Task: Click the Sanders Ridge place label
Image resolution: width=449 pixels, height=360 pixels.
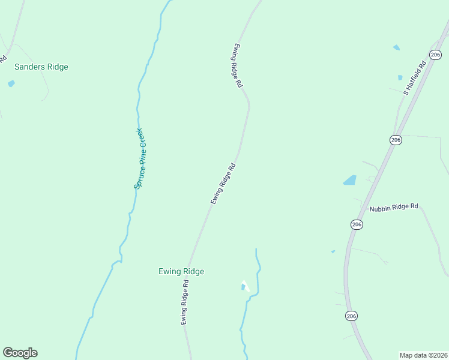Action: click(x=41, y=67)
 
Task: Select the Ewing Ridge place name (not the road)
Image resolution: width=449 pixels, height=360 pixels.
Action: click(x=181, y=272)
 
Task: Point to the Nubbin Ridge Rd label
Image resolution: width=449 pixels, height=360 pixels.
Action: click(x=394, y=208)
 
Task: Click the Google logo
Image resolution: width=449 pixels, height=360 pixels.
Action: click(x=20, y=353)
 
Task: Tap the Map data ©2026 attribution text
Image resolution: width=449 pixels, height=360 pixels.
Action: click(x=423, y=355)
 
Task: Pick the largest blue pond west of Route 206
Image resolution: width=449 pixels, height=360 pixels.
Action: click(x=349, y=179)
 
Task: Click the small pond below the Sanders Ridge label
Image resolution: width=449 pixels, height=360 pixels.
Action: click(x=11, y=83)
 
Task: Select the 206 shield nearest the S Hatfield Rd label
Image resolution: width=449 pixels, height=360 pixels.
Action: click(x=436, y=55)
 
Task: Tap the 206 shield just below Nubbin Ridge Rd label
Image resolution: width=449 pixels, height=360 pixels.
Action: click(x=357, y=224)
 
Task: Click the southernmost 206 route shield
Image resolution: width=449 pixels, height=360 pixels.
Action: click(x=352, y=316)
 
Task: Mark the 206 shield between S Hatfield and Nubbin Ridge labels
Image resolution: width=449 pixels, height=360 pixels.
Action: click(x=395, y=140)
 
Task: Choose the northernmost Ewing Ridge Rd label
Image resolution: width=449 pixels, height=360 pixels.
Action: click(x=238, y=67)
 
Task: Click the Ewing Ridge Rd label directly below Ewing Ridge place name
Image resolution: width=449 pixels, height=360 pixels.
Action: click(x=185, y=307)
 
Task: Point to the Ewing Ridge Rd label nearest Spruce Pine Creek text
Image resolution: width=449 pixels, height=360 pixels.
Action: click(x=222, y=184)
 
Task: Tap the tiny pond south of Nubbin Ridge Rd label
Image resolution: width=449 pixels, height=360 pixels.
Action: click(x=333, y=252)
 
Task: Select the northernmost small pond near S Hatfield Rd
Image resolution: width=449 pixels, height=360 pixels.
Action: click(x=396, y=47)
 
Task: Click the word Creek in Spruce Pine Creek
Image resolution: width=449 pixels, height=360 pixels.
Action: click(x=140, y=139)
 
